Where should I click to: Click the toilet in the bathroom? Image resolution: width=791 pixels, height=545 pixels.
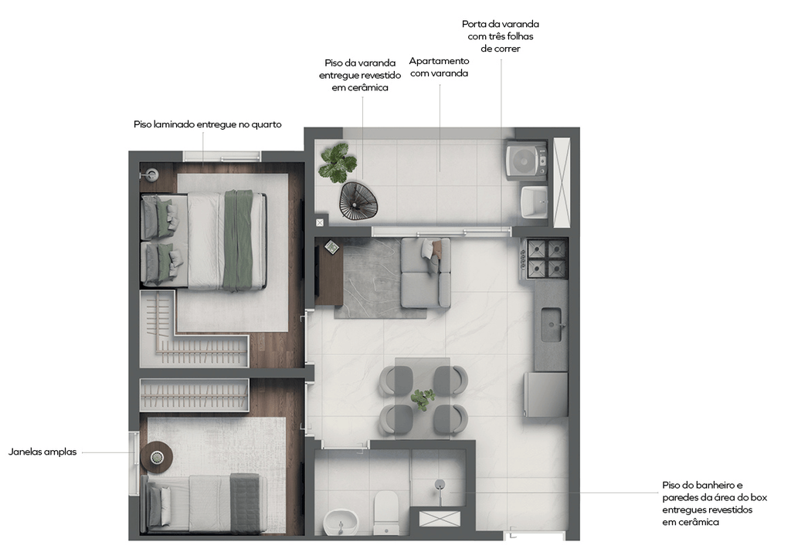(x=386, y=513)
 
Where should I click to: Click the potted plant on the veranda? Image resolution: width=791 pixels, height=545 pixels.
(x=338, y=162)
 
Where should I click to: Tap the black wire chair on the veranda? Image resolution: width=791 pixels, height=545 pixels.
(x=358, y=201)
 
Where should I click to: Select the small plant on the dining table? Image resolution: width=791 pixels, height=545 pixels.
(x=423, y=398)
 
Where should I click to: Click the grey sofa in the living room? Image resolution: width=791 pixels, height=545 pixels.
(x=426, y=272)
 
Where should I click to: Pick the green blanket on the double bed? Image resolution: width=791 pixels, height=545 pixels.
(x=238, y=241)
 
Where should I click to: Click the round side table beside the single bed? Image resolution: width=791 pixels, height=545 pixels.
(x=157, y=457)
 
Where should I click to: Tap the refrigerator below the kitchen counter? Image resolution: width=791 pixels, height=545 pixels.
(x=546, y=394)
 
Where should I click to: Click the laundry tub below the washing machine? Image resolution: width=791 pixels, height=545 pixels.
(x=535, y=202)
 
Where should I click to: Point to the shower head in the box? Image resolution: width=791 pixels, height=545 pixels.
(x=440, y=486)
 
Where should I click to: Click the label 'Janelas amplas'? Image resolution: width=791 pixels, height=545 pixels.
(x=42, y=452)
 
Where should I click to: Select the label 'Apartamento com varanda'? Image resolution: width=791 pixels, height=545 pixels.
(x=439, y=67)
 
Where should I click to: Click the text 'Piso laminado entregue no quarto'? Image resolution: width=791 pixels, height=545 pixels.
(x=207, y=124)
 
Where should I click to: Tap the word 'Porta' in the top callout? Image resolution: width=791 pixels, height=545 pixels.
(x=474, y=24)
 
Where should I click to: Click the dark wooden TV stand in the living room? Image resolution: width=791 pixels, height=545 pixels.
(x=329, y=272)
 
